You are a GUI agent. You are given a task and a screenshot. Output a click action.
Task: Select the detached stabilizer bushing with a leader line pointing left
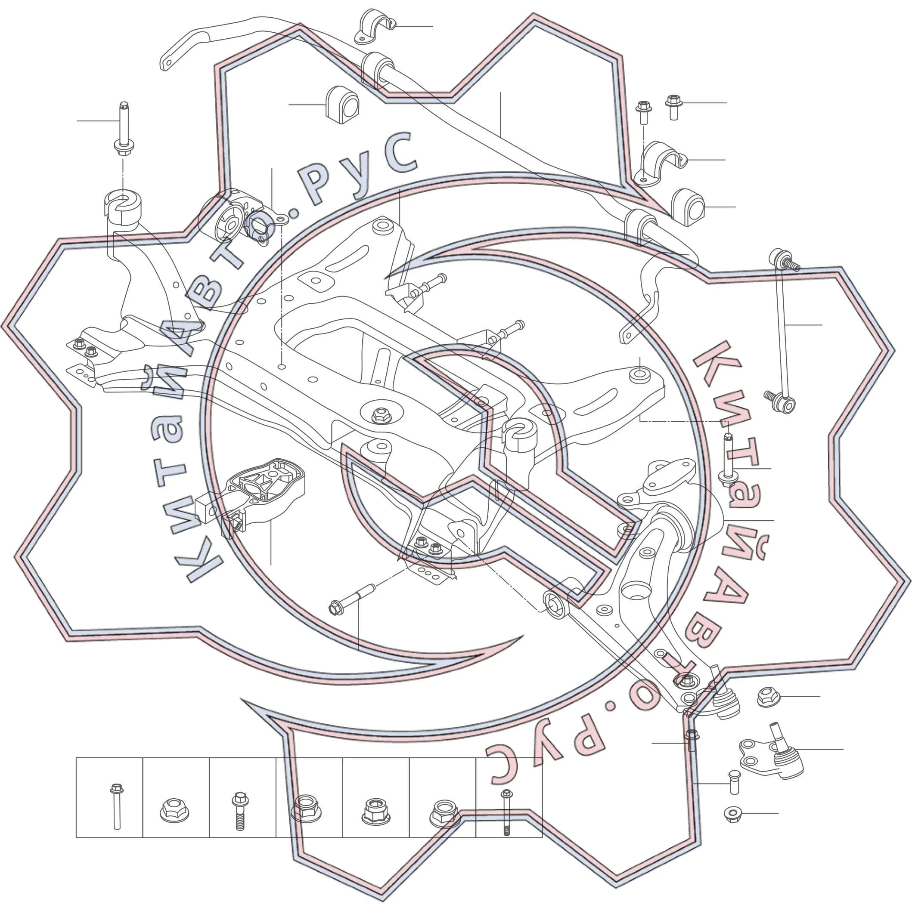click(x=342, y=105)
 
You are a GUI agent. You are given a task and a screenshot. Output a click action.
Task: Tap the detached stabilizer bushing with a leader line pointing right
click(x=688, y=207)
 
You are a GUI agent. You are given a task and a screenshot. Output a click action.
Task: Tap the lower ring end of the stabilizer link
click(x=788, y=405)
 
